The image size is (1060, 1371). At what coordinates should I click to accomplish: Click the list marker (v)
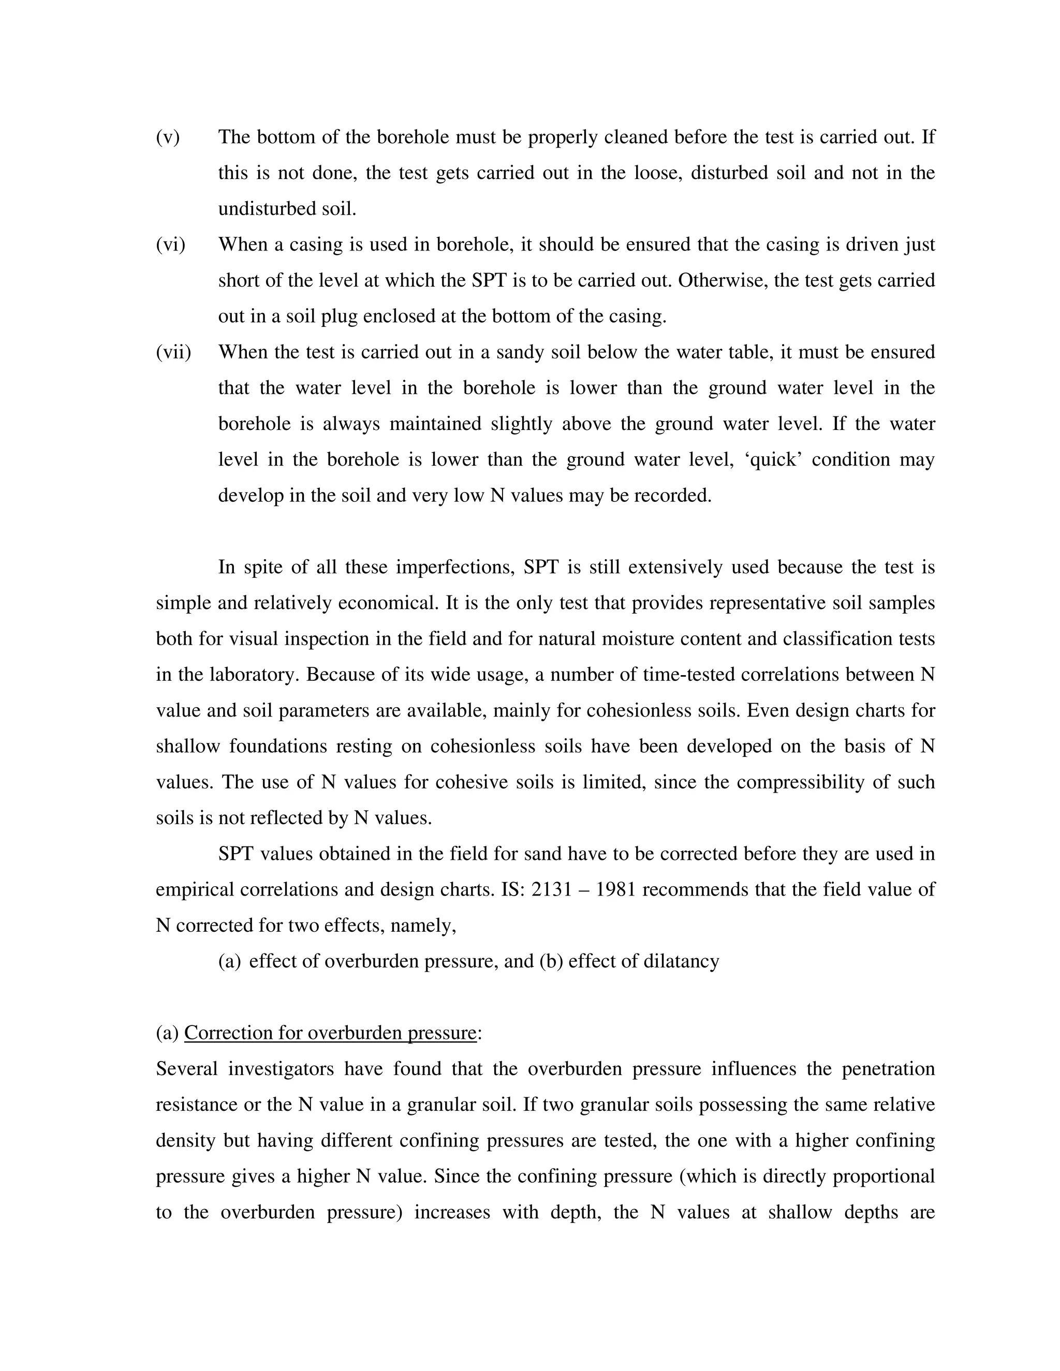pos(168,138)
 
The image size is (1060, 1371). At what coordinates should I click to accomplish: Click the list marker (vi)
pos(170,245)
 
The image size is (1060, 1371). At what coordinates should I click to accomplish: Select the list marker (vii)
pos(173,352)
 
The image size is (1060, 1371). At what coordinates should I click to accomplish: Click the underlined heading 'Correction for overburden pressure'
pos(330,1033)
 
